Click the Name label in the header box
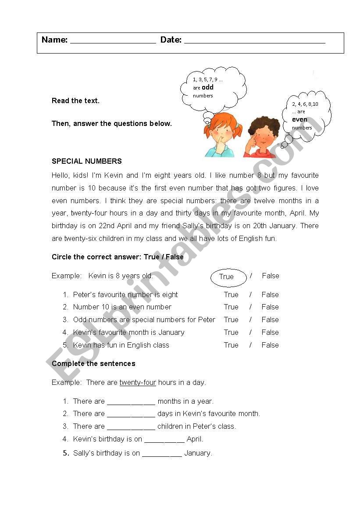(54, 40)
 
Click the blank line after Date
(254, 41)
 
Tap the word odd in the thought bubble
(207, 87)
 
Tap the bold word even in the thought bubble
(299, 119)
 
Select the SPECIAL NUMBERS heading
(87, 161)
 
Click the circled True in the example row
(226, 276)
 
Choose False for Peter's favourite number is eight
(270, 294)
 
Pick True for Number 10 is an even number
(231, 307)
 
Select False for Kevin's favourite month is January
(270, 332)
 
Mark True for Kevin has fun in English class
(231, 345)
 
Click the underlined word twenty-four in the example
(138, 382)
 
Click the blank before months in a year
(131, 402)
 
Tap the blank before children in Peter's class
(131, 427)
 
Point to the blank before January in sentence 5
(162, 454)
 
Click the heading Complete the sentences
(93, 363)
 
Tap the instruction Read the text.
(75, 100)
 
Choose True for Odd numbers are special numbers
(231, 319)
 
